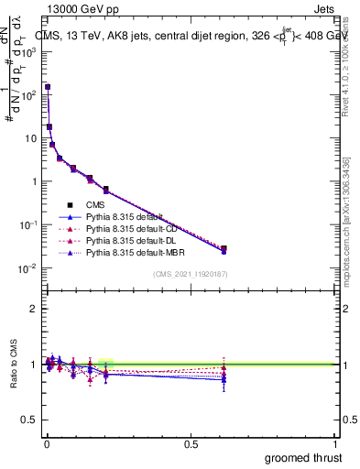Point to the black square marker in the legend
70,204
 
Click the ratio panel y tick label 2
34,309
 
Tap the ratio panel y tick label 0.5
29,420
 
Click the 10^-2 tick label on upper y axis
28,267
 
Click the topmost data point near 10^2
48,87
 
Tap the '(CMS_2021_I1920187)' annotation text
191,275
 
